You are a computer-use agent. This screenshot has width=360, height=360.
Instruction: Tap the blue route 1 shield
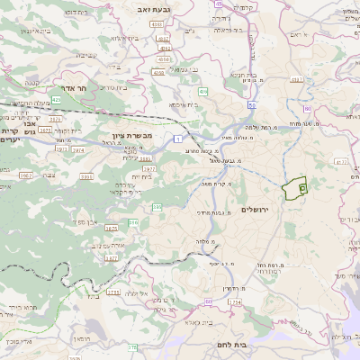click(x=179, y=138)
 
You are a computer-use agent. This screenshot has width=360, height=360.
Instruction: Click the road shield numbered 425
click(x=56, y=100)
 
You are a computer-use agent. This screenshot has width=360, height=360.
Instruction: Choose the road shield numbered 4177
click(x=340, y=162)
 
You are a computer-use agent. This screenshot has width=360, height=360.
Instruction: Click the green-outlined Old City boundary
click(x=293, y=189)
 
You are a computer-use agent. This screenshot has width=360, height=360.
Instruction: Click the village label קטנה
click(x=31, y=84)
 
